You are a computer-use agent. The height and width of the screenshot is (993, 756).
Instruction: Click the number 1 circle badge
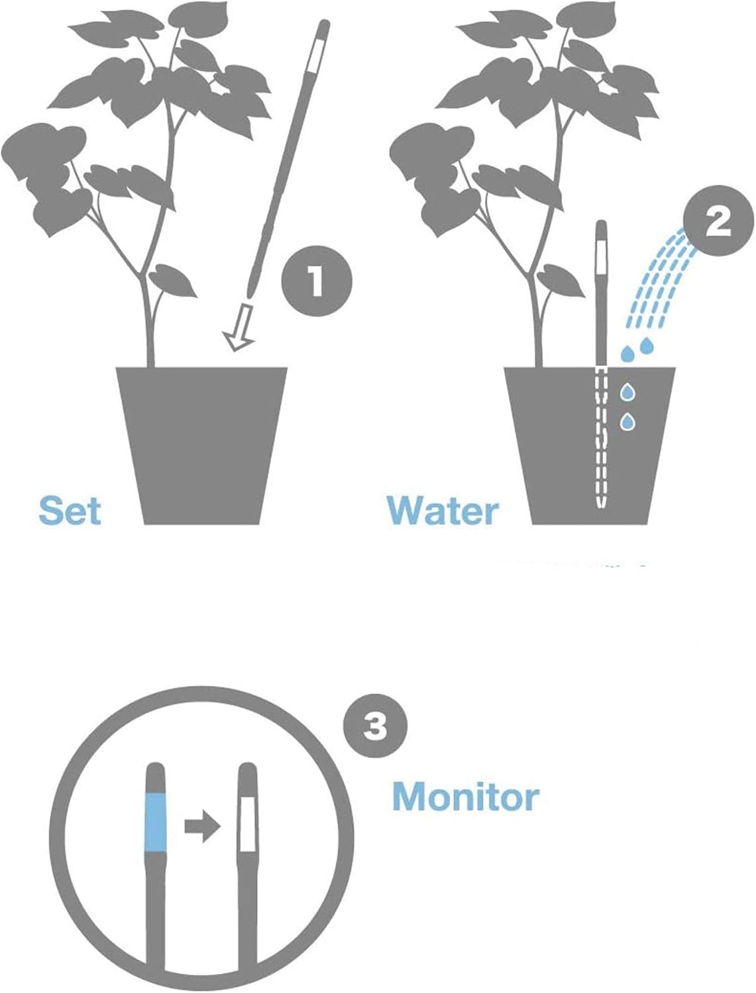(x=316, y=281)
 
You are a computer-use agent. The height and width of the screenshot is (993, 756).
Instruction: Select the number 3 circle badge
(x=376, y=728)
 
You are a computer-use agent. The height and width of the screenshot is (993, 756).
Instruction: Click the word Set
(x=70, y=511)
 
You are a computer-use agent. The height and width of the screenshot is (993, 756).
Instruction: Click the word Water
(x=443, y=511)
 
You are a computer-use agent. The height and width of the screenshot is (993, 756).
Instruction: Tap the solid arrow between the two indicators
(x=201, y=827)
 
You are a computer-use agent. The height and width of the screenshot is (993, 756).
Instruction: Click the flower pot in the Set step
(x=202, y=444)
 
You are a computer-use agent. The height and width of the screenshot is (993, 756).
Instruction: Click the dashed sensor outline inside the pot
(x=602, y=437)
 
